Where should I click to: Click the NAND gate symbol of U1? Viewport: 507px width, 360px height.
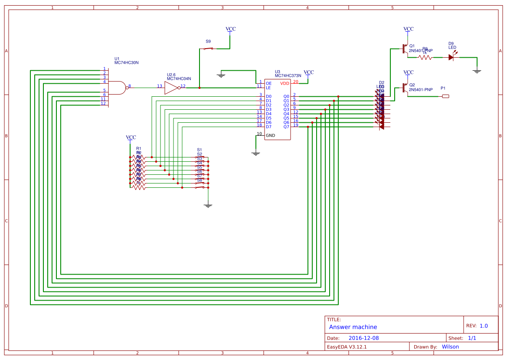click(x=117, y=88)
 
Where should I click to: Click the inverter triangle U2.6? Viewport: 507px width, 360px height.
click(x=171, y=88)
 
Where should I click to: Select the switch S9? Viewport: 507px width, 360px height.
click(x=209, y=48)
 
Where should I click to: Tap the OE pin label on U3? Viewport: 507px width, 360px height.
click(x=268, y=83)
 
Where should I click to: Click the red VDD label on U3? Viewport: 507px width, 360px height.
click(x=285, y=83)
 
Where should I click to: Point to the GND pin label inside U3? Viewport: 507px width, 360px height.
click(x=270, y=135)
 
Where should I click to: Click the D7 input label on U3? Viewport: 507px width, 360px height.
click(x=268, y=127)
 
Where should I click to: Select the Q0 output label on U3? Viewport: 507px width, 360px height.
click(x=286, y=96)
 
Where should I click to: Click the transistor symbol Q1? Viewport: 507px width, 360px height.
click(x=404, y=49)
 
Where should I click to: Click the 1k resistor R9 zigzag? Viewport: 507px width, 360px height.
click(x=425, y=57)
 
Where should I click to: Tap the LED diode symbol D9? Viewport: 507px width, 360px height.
click(x=451, y=57)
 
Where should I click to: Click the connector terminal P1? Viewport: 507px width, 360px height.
click(x=445, y=96)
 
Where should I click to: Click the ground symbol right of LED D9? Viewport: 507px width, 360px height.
click(x=477, y=71)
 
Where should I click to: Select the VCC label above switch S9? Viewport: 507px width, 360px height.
click(x=231, y=29)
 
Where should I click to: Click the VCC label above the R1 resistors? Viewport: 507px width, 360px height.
click(x=131, y=137)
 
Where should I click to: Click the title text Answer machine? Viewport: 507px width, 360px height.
click(x=353, y=327)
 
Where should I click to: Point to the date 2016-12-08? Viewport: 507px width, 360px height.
click(x=363, y=338)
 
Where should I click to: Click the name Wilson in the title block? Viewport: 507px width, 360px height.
click(x=450, y=347)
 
